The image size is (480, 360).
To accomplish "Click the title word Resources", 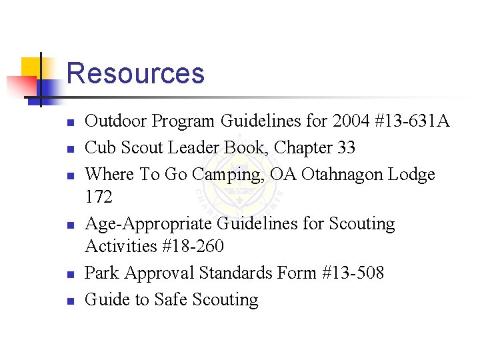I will (135, 73).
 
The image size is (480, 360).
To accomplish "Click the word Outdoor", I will (117, 121).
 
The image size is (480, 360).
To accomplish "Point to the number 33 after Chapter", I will (346, 147).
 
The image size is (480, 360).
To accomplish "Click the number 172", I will (99, 197).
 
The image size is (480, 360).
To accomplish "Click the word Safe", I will (171, 300).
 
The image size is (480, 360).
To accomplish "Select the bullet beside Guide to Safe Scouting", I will (69, 301).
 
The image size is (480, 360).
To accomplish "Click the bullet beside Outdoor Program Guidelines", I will (69, 123).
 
